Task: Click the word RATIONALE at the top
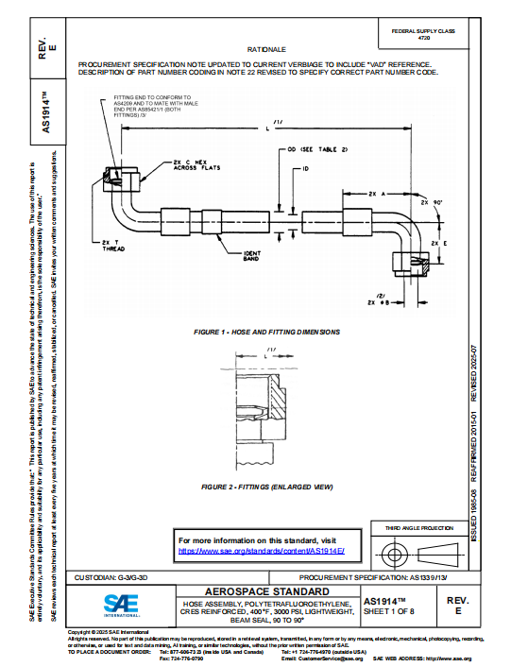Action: click(267, 46)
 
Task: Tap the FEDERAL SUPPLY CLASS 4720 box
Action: click(430, 36)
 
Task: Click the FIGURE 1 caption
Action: click(266, 333)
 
